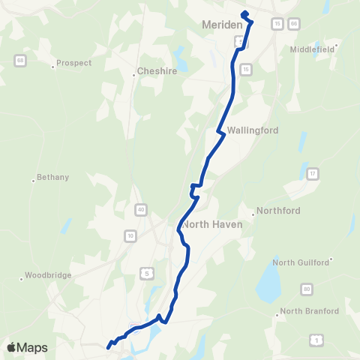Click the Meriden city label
223,25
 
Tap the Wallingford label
253,130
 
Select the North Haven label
211,224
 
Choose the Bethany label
52,178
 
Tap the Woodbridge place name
48,275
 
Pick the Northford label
279,211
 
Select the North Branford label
309,310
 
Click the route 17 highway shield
312,174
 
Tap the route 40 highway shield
141,208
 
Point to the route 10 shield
130,236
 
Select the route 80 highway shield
307,289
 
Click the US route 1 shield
317,341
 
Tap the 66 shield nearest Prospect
19,60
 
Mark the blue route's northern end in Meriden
244,13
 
